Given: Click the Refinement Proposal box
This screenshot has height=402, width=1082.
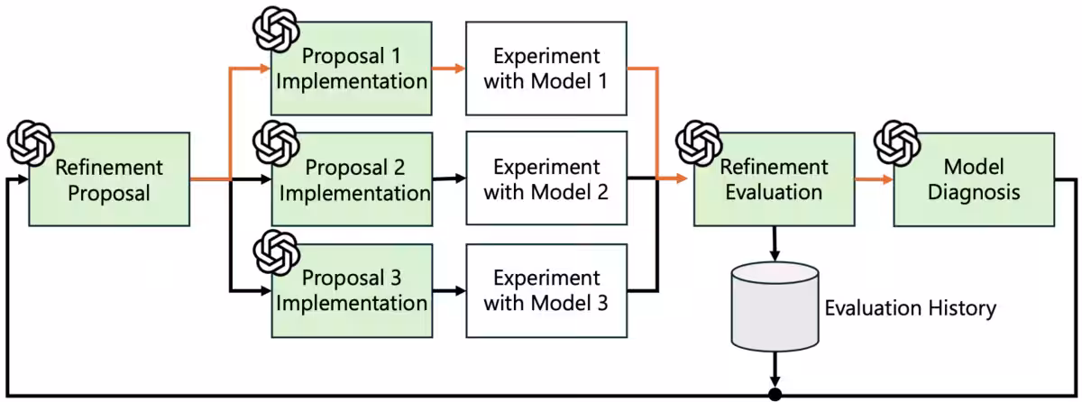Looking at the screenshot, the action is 109,179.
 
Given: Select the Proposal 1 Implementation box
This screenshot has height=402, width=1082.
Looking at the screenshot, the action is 351,68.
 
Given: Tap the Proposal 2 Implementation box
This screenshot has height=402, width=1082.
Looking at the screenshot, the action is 352,179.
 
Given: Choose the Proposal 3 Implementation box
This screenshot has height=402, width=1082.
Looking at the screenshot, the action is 352,290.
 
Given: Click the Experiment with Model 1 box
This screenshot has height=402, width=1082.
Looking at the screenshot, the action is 546,68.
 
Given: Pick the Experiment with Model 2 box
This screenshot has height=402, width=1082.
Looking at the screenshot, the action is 546,178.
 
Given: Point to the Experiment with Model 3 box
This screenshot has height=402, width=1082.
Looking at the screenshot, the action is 546,290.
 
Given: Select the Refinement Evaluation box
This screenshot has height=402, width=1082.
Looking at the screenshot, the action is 775,179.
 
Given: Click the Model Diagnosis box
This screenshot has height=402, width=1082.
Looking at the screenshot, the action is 974,179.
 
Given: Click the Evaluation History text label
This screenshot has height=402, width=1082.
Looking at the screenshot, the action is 911,308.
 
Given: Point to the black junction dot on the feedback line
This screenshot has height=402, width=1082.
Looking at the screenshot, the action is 775,394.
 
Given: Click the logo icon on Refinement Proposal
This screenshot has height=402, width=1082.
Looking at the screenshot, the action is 31,142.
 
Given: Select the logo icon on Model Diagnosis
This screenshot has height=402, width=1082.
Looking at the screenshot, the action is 897,142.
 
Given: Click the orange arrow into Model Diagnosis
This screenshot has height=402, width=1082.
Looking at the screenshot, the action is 875,179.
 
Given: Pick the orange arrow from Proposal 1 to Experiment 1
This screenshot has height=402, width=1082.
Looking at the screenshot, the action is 449,68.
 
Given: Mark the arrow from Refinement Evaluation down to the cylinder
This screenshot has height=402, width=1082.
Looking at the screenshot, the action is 775,243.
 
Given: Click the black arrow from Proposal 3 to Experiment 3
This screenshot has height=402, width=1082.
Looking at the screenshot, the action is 449,290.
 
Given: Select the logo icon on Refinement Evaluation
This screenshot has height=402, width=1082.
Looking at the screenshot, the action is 699,142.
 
